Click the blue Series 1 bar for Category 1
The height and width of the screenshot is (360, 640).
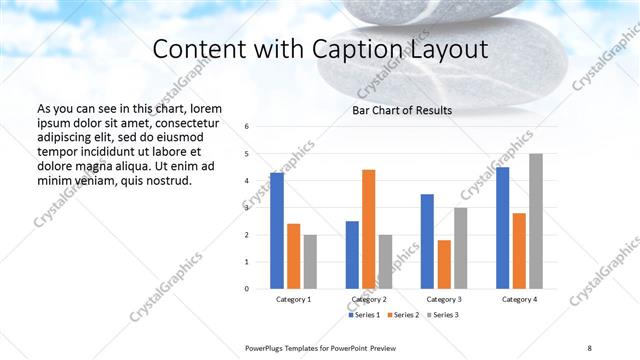click(277, 231)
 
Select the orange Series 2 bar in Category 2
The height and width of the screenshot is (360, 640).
click(368, 229)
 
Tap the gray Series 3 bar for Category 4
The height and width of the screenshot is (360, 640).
click(535, 221)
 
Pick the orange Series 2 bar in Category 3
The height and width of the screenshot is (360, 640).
click(444, 264)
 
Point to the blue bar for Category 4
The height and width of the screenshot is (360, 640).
click(502, 228)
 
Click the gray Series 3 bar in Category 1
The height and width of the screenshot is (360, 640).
click(310, 262)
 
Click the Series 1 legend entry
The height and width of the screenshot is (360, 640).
click(364, 315)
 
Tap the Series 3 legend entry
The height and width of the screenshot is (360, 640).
click(442, 315)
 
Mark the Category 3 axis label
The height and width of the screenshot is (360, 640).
click(443, 300)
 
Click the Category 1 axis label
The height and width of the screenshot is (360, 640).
click(293, 300)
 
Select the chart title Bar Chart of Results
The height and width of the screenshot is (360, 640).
click(402, 110)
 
